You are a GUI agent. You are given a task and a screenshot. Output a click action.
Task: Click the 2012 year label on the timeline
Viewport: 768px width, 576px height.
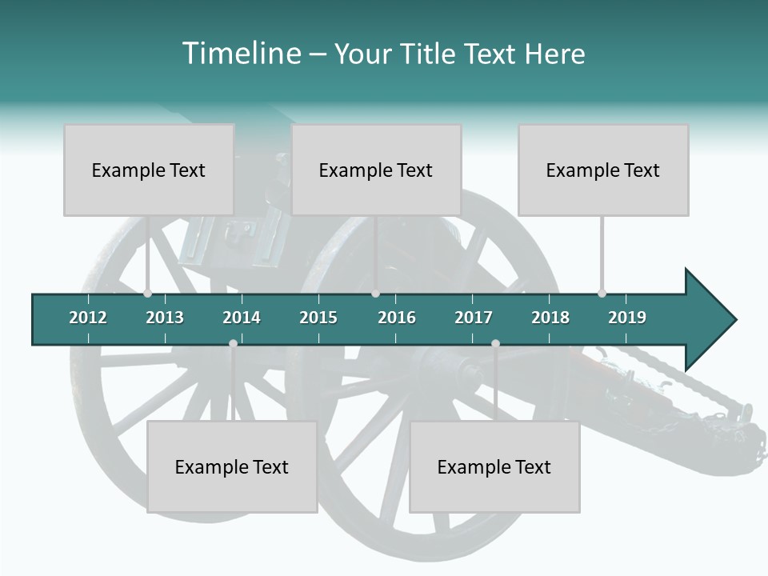tap(88, 318)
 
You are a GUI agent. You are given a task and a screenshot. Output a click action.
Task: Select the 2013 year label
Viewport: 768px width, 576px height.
tap(165, 318)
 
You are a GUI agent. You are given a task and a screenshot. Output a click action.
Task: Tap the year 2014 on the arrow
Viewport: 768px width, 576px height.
tap(242, 318)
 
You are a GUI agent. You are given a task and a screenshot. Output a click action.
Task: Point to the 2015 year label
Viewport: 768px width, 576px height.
tap(318, 318)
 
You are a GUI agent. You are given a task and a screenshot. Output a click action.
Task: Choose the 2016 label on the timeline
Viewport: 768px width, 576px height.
tap(397, 318)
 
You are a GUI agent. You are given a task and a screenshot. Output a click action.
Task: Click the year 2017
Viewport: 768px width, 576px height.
tap(474, 318)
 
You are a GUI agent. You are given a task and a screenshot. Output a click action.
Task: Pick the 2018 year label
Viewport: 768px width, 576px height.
tap(550, 318)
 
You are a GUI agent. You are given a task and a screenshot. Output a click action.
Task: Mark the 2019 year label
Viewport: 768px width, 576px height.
tap(627, 318)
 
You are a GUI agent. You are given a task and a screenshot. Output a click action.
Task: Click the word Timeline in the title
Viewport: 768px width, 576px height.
tap(239, 54)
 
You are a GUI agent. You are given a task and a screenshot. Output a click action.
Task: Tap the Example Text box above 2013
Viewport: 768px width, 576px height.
tap(149, 170)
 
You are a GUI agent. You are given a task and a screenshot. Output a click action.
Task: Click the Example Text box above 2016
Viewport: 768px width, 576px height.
tap(376, 170)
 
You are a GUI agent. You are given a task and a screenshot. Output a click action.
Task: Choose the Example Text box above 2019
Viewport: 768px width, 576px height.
tap(603, 170)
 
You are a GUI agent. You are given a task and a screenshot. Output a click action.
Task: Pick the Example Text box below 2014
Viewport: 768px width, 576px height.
tap(232, 466)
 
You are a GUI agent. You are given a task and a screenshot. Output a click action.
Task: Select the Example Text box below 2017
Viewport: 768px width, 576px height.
tap(494, 466)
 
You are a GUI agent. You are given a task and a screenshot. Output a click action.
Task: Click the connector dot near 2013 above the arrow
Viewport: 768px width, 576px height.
tap(147, 294)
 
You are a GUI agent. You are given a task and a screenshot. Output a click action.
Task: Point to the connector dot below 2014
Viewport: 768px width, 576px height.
tap(233, 343)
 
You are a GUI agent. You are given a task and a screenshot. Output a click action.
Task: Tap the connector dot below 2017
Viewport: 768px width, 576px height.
tap(495, 343)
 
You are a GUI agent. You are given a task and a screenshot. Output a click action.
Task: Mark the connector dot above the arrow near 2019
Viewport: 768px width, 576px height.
tap(602, 294)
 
